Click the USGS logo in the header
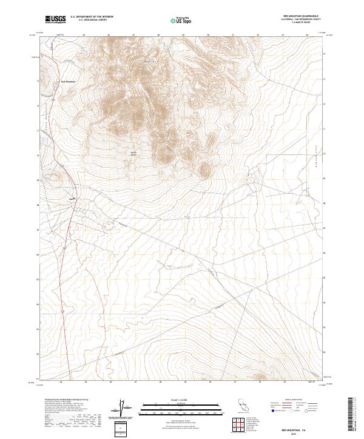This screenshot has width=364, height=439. pyautogui.click(x=55, y=20)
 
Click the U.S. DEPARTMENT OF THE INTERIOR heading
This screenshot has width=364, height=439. pyautogui.click(x=92, y=17)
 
